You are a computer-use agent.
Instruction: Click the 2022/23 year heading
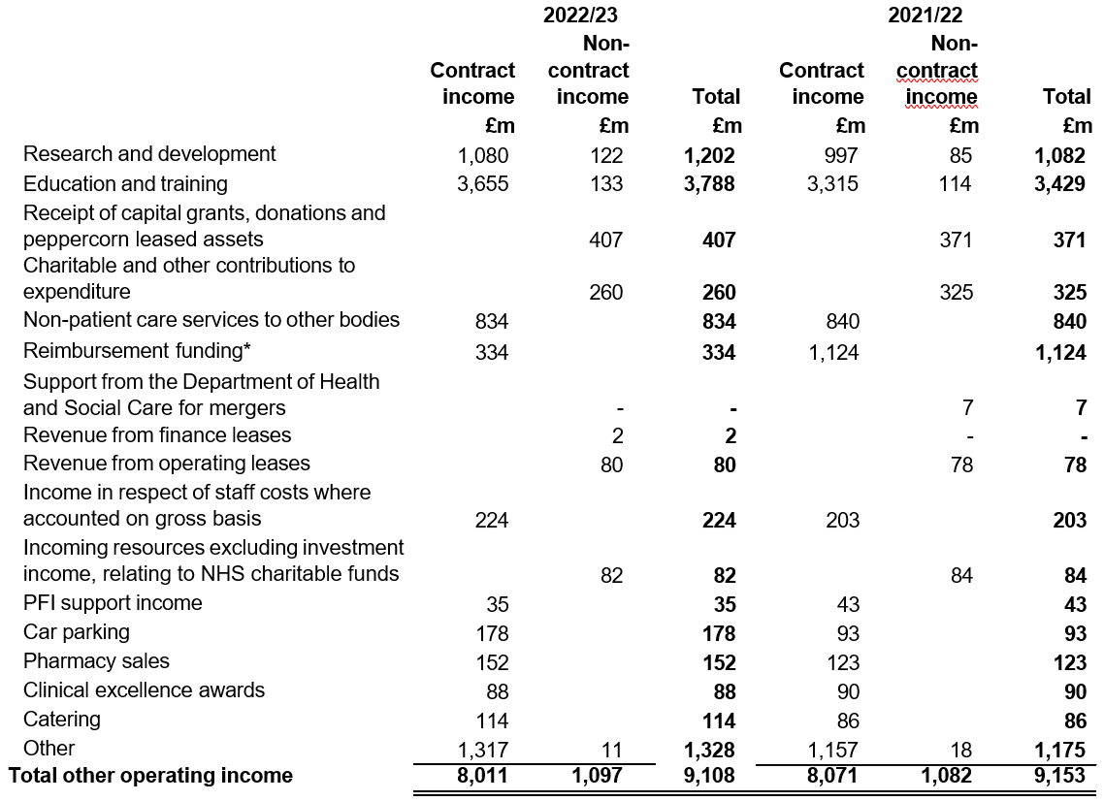tap(580, 15)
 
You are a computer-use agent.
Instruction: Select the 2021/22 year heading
tap(925, 15)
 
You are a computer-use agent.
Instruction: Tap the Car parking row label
tap(76, 632)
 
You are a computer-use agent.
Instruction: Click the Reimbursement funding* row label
tap(138, 350)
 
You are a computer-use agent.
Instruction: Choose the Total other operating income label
tap(150, 775)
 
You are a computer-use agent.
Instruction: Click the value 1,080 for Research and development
tap(483, 155)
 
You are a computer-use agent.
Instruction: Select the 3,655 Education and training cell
tap(483, 183)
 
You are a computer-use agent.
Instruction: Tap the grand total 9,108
tap(710, 775)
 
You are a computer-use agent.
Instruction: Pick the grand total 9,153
tap(1059, 775)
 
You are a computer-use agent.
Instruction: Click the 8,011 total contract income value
tap(482, 775)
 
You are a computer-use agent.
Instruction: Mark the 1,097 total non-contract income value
tap(597, 775)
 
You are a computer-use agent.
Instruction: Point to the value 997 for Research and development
tap(841, 155)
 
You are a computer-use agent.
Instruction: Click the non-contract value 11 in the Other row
tap(612, 750)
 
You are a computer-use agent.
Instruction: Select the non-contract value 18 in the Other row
tap(961, 750)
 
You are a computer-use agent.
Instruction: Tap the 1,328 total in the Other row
tap(710, 750)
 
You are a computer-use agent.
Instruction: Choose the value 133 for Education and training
tap(607, 183)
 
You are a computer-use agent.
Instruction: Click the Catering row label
tap(62, 720)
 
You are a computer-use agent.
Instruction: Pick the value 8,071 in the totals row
tap(832, 775)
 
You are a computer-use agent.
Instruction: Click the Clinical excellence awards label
tap(145, 689)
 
